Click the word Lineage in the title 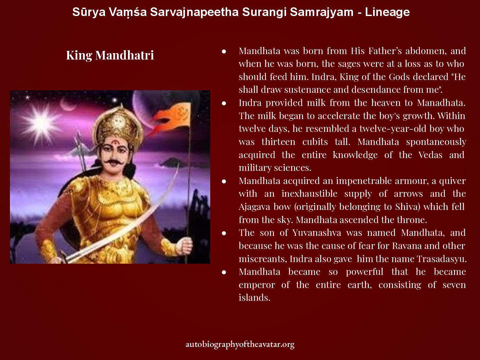[387, 12]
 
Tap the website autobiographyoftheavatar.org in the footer [240, 344]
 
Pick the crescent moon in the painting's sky [67, 105]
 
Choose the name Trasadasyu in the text [442, 259]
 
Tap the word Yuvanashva [317, 233]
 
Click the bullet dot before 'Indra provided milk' [224, 103]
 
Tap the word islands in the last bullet [254, 298]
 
